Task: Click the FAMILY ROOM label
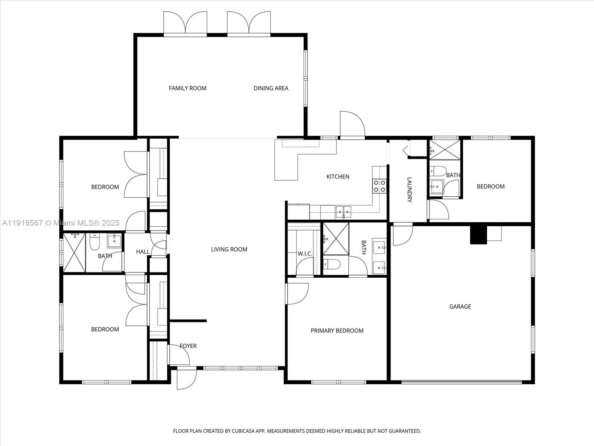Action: tap(187, 88)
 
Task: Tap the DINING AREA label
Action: tap(271, 88)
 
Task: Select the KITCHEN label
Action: tap(337, 177)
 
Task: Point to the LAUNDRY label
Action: tap(409, 190)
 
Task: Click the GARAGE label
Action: tap(460, 306)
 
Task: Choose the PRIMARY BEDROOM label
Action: tap(337, 330)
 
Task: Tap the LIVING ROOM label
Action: tap(229, 249)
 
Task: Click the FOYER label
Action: tap(188, 346)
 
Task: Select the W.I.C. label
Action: tap(304, 253)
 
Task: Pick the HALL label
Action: tap(143, 252)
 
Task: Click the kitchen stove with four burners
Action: tap(379, 186)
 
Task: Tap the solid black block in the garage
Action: tap(478, 235)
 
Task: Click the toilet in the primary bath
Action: tap(332, 264)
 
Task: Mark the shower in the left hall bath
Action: tap(74, 253)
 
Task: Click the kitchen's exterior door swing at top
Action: tap(352, 125)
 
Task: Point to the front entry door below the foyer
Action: tap(186, 378)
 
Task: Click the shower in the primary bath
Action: tap(336, 239)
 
